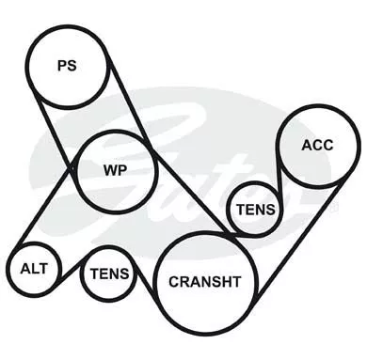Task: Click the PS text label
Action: (67, 66)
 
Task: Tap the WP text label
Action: (116, 170)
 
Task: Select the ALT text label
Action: (34, 269)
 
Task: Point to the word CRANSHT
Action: (205, 282)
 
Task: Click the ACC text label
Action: (317, 145)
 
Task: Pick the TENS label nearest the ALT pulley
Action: (110, 274)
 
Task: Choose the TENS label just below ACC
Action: (256, 210)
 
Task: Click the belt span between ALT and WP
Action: (44, 208)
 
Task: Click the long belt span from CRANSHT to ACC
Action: (298, 241)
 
